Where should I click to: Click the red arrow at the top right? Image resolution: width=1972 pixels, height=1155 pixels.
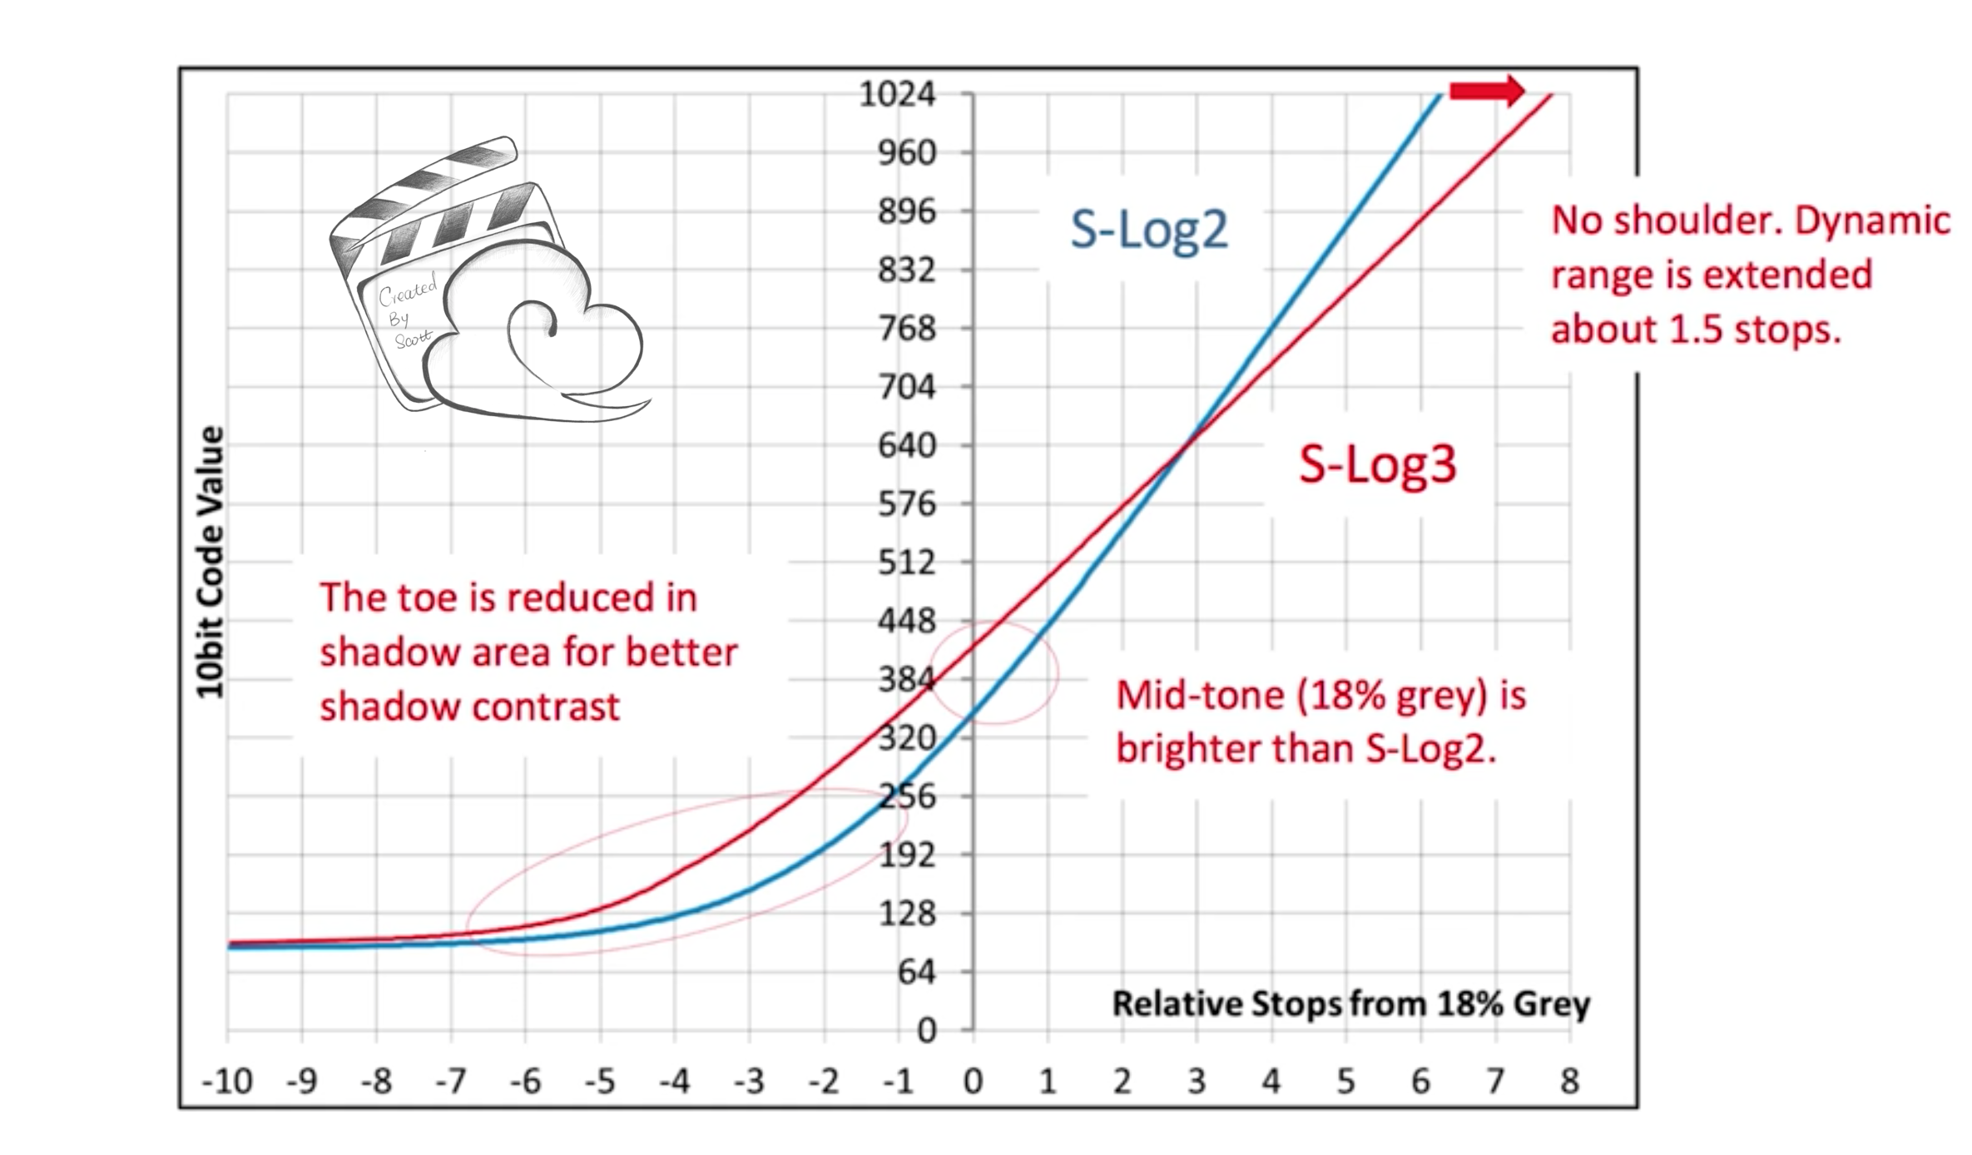1486,91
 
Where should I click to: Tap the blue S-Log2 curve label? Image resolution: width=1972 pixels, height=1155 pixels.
1148,230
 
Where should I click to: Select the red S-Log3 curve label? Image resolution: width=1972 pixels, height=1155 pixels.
1377,464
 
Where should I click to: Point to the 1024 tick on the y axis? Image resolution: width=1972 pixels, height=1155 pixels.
897,94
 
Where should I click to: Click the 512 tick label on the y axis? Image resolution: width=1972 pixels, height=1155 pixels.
907,563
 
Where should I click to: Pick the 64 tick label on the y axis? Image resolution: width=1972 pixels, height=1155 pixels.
917,972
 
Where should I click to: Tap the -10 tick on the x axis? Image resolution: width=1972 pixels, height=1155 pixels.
227,1081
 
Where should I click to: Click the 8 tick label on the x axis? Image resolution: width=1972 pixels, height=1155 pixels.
1569,1081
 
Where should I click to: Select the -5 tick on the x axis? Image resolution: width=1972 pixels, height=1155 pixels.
599,1081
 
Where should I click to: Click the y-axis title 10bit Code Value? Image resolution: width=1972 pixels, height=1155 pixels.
211,563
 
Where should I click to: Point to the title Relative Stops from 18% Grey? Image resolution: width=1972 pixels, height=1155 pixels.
1350,1004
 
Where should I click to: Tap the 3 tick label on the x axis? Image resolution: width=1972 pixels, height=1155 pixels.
1197,1081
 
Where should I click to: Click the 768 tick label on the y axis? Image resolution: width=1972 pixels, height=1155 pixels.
907,329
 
